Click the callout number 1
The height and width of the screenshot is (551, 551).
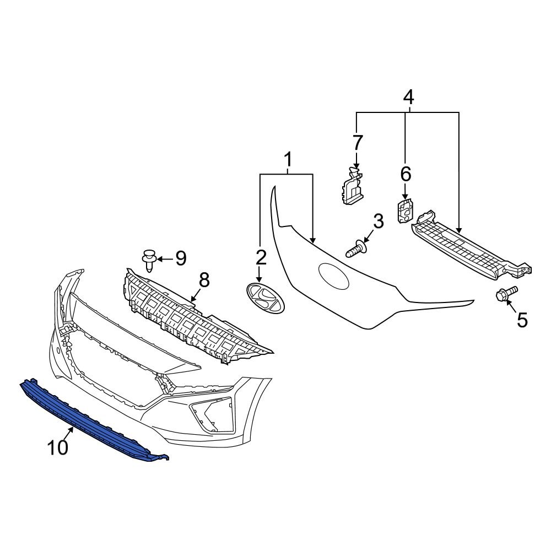287,161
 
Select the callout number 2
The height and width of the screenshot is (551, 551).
260,257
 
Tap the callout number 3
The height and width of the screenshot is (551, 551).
377,222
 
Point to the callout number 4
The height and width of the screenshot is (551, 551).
408,98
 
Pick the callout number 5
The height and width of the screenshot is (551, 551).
521,319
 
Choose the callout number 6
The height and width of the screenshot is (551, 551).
405,175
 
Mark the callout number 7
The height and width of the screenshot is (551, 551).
358,143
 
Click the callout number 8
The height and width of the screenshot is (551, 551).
204,280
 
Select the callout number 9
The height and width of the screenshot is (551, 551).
181,257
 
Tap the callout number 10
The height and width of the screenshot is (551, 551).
58,447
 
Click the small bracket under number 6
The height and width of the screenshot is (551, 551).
405,212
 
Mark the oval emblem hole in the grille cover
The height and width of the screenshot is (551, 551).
333,277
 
